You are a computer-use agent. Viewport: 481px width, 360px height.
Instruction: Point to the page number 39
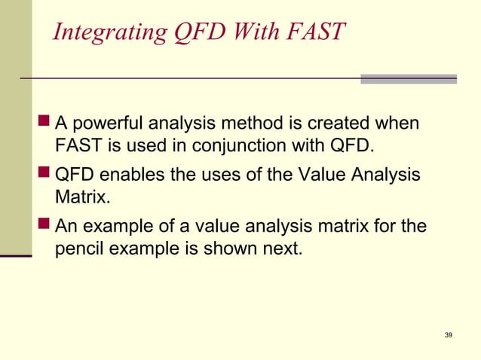[449, 334]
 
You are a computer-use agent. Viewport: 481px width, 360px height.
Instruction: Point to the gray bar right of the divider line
[408, 78]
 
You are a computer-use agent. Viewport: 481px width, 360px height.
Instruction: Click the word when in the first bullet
[403, 123]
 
